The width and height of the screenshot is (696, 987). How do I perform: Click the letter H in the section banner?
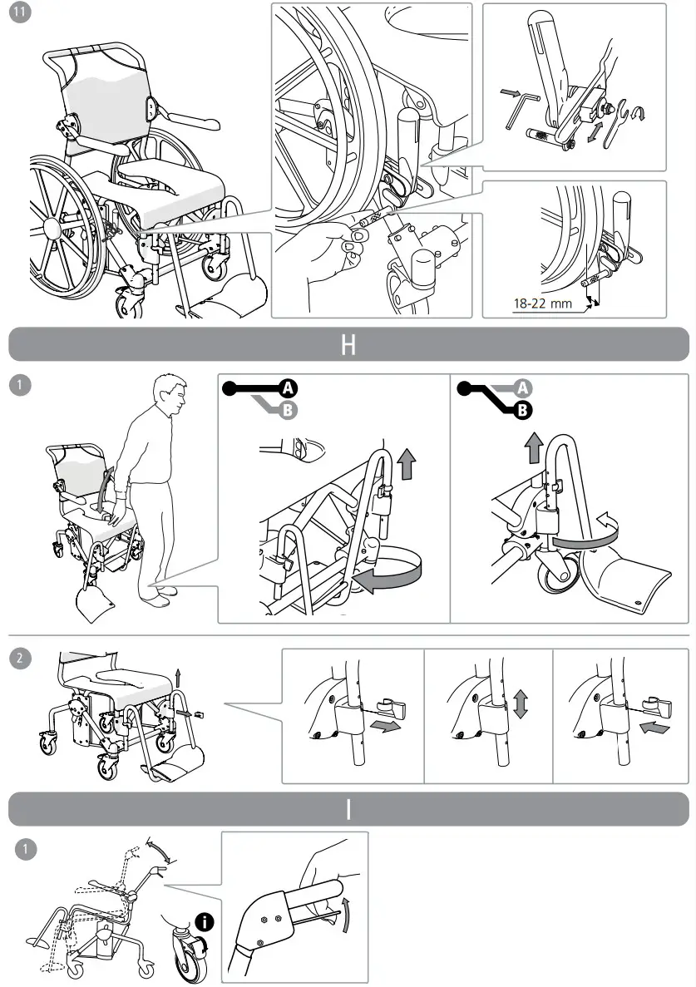348,345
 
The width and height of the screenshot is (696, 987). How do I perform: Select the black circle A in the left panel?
288,387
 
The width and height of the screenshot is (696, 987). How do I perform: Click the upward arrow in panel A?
406,463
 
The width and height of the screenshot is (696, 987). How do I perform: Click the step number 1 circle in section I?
26,849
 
